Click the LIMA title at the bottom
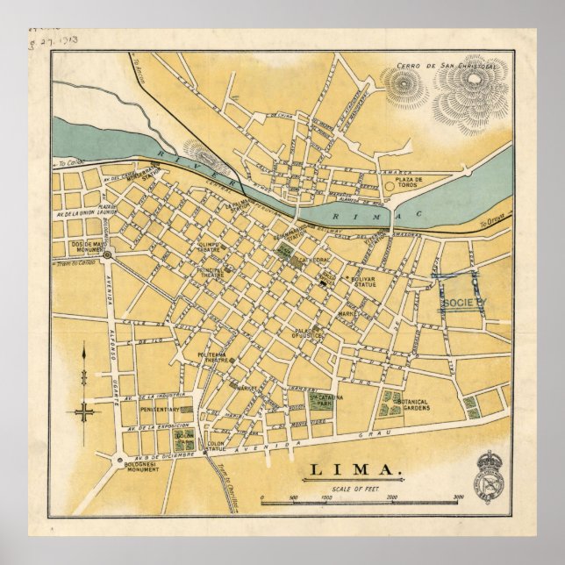(354, 474)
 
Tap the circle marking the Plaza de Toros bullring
(389, 186)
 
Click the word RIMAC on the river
(383, 213)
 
